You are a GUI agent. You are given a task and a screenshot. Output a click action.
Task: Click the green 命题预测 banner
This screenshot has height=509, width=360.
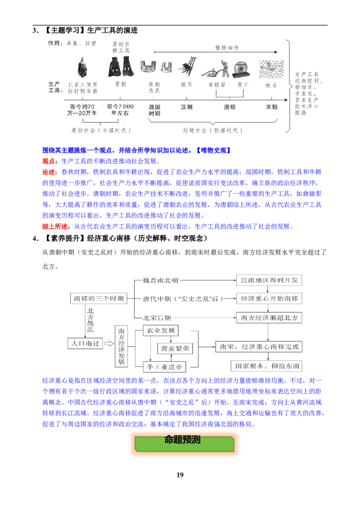(184, 443)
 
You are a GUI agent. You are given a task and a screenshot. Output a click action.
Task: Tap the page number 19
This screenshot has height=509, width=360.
(180, 475)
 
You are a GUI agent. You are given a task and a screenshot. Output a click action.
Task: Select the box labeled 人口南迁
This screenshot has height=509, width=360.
(85, 344)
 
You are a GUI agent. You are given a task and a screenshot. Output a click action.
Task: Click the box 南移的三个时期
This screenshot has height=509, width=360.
(99, 298)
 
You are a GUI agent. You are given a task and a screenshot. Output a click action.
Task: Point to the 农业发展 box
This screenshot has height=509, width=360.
(161, 330)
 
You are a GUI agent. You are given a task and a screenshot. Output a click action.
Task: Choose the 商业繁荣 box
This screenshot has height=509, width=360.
(175, 348)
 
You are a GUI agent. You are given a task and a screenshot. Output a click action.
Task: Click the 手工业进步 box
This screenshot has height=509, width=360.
(165, 367)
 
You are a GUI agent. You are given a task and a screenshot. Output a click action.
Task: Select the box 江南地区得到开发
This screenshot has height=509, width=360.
(269, 280)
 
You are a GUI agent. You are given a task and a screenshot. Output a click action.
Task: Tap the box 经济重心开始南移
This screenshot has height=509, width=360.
(269, 298)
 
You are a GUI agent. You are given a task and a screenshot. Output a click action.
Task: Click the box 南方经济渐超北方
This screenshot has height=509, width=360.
(269, 317)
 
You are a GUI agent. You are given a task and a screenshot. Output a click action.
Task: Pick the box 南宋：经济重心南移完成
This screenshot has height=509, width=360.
(259, 347)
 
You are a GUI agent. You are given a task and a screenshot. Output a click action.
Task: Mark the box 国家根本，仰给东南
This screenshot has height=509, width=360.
(266, 366)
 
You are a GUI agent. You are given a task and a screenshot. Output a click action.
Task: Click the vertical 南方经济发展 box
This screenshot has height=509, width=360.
(121, 346)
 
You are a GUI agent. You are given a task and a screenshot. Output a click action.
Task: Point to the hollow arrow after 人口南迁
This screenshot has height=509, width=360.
(109, 344)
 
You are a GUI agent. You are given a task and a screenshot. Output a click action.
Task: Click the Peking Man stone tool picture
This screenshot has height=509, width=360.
(82, 67)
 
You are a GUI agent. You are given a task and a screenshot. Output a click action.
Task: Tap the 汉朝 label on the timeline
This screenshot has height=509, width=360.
(186, 107)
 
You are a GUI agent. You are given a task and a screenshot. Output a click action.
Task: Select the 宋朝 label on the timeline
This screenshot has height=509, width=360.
(272, 107)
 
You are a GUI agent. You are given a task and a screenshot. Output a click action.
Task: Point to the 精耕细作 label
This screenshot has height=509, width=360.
(227, 48)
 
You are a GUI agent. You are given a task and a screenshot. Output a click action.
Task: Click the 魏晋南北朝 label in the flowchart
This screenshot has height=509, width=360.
(161, 280)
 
